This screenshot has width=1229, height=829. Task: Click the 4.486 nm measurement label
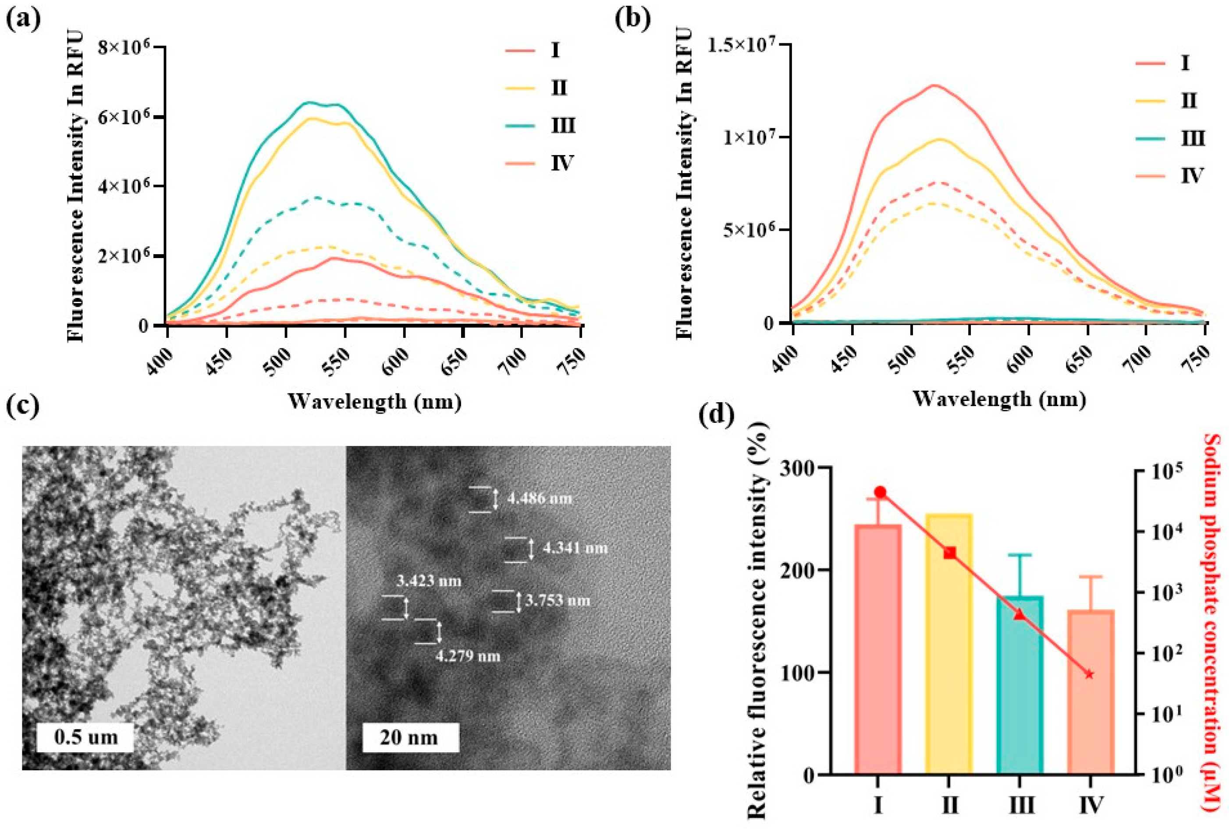[x=540, y=498]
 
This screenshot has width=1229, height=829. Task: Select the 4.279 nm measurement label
[x=468, y=656]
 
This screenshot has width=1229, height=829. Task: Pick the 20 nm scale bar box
[x=410, y=737]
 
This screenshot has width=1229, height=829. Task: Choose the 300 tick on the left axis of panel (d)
[x=802, y=468]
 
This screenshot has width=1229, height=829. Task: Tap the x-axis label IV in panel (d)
[x=1090, y=804]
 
